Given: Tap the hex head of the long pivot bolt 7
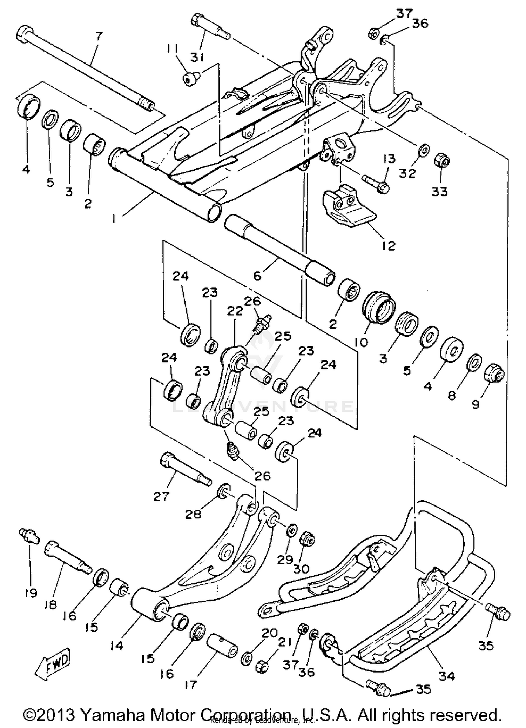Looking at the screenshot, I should pyautogui.click(x=23, y=34).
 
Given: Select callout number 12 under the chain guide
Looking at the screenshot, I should pyautogui.click(x=388, y=245).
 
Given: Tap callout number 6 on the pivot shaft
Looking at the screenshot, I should pyautogui.click(x=257, y=276).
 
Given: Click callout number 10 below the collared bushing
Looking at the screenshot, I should pyautogui.click(x=361, y=341).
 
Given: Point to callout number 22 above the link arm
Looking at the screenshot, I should pyautogui.click(x=235, y=311).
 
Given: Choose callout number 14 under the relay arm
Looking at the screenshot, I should pyautogui.click(x=117, y=645).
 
